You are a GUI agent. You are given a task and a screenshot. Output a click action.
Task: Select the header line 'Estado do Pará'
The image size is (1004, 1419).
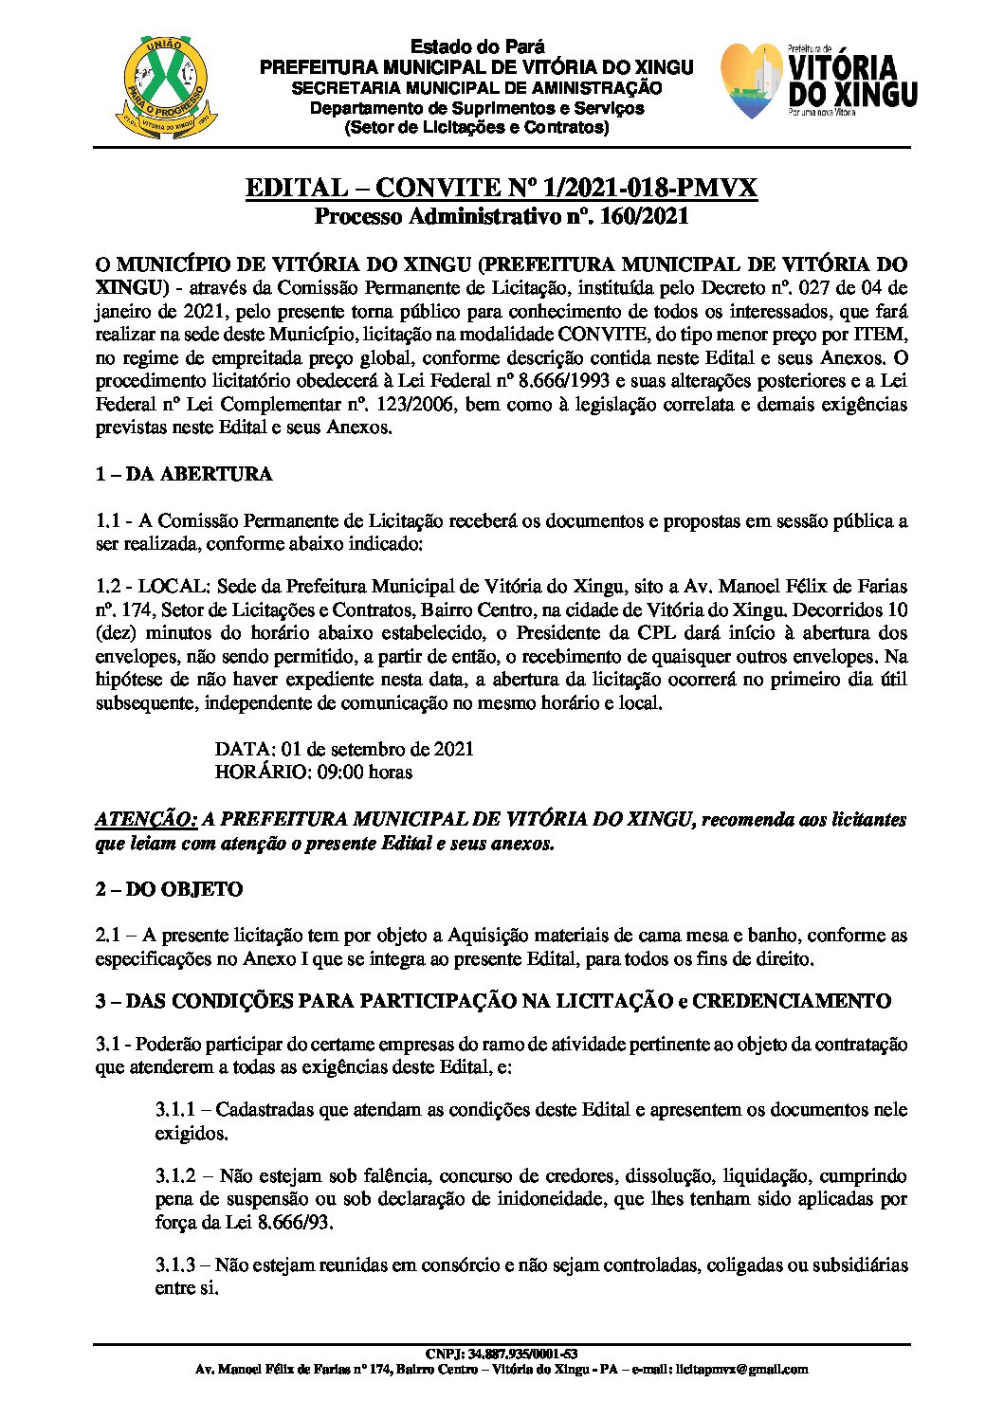[x=477, y=48]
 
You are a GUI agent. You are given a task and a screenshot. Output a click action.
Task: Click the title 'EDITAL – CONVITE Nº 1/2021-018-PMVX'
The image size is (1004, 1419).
[x=502, y=188]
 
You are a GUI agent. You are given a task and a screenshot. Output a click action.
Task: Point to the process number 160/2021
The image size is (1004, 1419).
[x=641, y=216]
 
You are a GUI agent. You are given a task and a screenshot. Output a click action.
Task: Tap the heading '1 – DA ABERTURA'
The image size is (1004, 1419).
[x=184, y=474]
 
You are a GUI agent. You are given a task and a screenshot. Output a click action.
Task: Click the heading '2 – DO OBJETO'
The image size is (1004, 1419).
[x=169, y=889]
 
